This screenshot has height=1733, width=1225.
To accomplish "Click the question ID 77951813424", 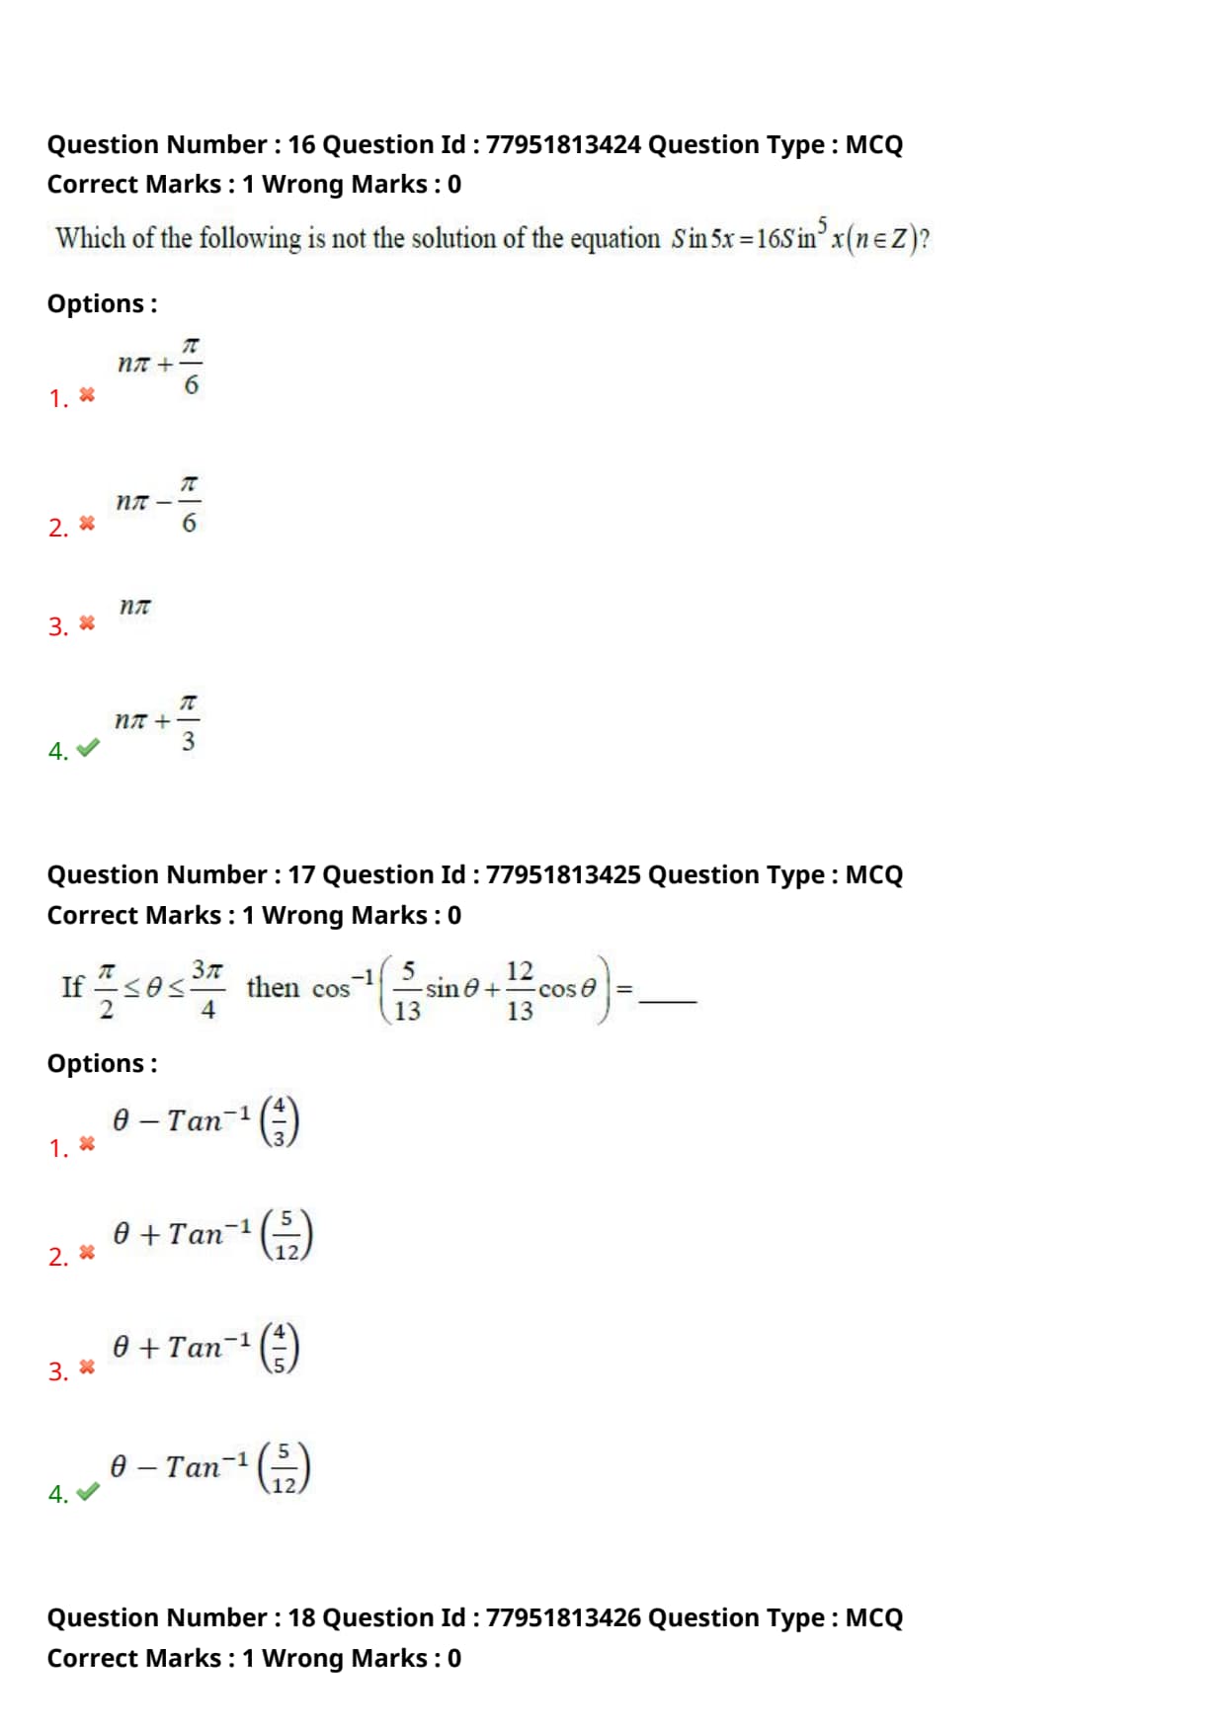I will click(563, 145).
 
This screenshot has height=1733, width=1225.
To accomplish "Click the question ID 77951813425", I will click(563, 875).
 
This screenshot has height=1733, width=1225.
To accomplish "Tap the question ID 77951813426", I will click(563, 1617).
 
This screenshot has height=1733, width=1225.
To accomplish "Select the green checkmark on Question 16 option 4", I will click(88, 749).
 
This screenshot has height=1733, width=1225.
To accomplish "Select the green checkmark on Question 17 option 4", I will click(88, 1492).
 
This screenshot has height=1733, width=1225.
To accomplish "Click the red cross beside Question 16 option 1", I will click(87, 395).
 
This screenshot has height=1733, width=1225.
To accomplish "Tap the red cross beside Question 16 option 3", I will click(87, 623).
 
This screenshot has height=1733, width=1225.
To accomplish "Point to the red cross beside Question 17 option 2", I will click(87, 1253).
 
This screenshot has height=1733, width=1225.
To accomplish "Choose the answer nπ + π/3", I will click(157, 721).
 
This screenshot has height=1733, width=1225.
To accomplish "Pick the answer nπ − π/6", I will click(157, 503).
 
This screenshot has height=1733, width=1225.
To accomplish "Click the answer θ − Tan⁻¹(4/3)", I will click(205, 1121).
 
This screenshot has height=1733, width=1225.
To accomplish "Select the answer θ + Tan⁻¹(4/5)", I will click(205, 1348).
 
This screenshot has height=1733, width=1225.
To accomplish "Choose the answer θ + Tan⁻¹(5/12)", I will click(212, 1235).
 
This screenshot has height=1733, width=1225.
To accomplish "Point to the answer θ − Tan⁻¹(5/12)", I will click(209, 1467).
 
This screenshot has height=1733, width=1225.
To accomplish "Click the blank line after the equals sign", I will click(668, 1000).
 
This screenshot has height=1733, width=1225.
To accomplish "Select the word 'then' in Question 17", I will click(273, 988).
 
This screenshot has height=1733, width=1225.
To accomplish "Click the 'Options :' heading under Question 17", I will click(102, 1064).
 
